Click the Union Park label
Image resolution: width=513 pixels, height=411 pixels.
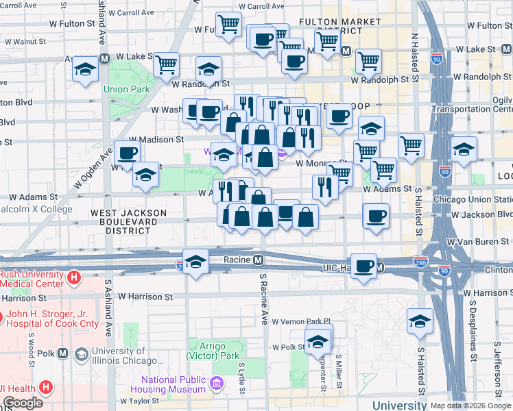click(x=126, y=89)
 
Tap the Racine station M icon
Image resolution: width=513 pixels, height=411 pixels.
click(x=258, y=260)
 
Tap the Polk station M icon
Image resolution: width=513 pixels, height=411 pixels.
click(x=63, y=353)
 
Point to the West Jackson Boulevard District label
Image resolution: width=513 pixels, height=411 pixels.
click(x=129, y=221)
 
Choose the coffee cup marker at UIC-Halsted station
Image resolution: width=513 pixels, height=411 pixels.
click(x=364, y=265)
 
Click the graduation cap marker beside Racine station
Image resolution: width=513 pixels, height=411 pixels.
click(x=196, y=262)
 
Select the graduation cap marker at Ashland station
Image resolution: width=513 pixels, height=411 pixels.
click(x=86, y=70)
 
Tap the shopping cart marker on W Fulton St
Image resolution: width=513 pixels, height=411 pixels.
click(x=228, y=25)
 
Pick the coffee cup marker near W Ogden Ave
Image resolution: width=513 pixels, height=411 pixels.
click(x=127, y=153)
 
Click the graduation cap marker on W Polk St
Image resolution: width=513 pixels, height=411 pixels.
click(x=318, y=340)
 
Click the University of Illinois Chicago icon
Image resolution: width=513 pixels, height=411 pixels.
click(x=81, y=353)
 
